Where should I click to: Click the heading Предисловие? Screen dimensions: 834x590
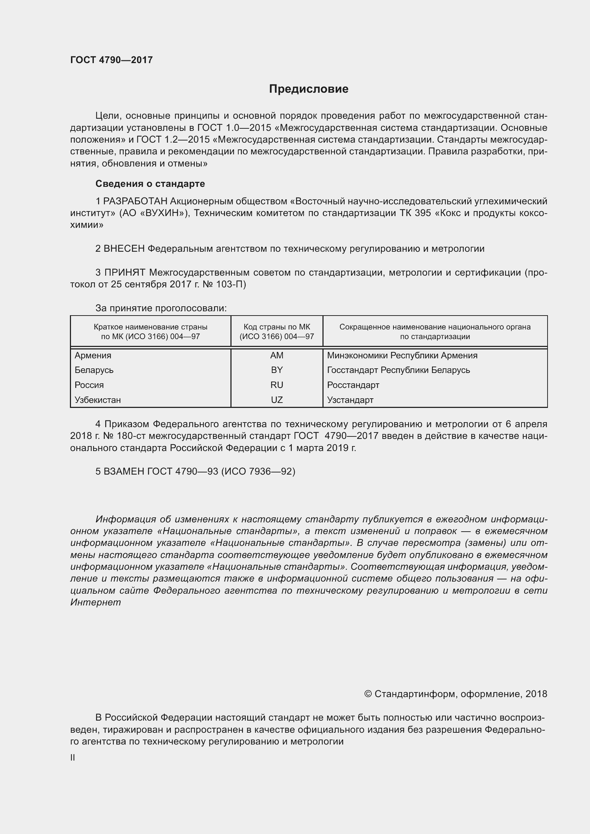[309, 89]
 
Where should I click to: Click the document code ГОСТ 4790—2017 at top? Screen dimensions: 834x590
[112, 60]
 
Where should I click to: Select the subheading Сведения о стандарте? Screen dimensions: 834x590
[150, 184]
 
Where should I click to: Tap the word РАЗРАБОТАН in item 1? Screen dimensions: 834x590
[135, 201]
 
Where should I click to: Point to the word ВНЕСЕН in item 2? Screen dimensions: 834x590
[124, 249]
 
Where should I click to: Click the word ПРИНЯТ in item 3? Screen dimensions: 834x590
[125, 272]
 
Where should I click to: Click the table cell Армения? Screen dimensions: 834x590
[93, 355]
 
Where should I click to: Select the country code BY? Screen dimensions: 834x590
[277, 370]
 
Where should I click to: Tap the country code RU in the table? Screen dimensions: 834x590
[277, 385]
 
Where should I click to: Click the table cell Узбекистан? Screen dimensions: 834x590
[98, 400]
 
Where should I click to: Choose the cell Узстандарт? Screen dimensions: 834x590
[350, 400]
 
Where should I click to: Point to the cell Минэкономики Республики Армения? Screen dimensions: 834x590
[402, 355]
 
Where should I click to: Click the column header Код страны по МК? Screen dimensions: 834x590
[277, 327]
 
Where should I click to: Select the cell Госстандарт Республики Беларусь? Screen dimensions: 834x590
[398, 370]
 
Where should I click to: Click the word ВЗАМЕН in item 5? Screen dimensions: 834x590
[124, 471]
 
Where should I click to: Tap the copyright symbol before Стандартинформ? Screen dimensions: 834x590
[368, 694]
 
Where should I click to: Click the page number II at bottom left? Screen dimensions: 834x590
[73, 758]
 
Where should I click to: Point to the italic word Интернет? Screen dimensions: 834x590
[96, 603]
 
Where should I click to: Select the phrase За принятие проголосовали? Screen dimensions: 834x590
[161, 308]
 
